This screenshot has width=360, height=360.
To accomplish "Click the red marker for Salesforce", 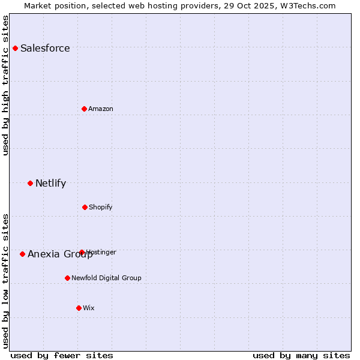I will (x=15, y=48).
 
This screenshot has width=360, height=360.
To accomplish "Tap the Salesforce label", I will (x=45, y=49).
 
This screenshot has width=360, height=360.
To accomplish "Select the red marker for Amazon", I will (x=84, y=109).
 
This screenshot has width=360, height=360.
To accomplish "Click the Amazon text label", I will (x=101, y=109).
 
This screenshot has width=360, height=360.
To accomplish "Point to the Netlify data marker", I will (x=30, y=183).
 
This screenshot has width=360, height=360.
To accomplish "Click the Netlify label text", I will (x=50, y=184).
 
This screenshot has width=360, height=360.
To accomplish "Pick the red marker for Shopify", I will (x=85, y=207).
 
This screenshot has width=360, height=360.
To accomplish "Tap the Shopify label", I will (x=101, y=208).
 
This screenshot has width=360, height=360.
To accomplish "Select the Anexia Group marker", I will (x=22, y=254).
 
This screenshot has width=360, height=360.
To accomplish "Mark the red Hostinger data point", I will (x=82, y=252).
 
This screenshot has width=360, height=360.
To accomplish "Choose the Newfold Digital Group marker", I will (x=67, y=278).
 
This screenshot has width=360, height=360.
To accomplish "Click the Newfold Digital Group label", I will (x=106, y=278).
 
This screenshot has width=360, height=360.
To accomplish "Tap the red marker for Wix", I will (x=79, y=308).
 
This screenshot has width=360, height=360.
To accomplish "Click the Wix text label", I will (x=89, y=308).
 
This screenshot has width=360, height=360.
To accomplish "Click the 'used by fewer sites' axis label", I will (x=62, y=355).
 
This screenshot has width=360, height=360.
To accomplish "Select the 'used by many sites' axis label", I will (x=301, y=355).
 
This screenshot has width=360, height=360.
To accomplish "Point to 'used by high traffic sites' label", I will (x=5, y=85).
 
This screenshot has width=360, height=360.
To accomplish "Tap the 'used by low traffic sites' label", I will (x=5, y=280).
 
